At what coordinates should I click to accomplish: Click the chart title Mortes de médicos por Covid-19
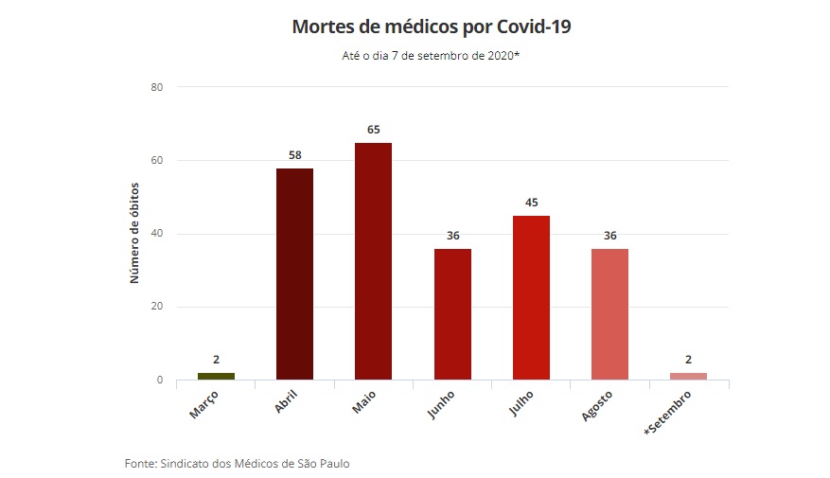coord(431,27)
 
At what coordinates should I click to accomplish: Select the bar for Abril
coord(294,274)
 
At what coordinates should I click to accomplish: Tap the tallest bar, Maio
coord(373,261)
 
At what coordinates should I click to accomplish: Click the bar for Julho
coord(531,297)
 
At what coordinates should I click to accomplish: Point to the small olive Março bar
coord(216,376)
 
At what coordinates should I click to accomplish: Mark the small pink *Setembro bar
coord(688,376)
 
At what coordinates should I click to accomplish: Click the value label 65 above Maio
coord(373,129)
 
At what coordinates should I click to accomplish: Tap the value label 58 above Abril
coord(294,154)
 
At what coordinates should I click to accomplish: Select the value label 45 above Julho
coord(531,202)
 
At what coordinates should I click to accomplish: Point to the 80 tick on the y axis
coord(157,87)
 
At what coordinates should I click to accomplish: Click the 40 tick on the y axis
coord(157,234)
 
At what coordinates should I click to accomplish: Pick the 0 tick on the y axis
coord(160,381)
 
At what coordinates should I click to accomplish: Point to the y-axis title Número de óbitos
coord(134,234)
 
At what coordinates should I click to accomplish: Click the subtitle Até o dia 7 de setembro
coord(431,56)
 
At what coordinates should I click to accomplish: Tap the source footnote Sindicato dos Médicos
coord(242,463)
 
